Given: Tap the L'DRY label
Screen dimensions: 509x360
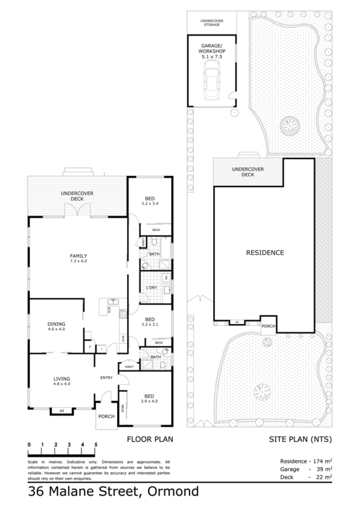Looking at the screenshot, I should click(151, 288).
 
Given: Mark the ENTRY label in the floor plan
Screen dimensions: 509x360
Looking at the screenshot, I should click(106, 377).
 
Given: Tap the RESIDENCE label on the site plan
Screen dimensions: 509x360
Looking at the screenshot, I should click(264, 253).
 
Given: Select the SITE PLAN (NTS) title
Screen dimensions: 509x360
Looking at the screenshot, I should click(294, 439).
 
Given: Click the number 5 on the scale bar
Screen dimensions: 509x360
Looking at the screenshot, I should click(95, 444).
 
